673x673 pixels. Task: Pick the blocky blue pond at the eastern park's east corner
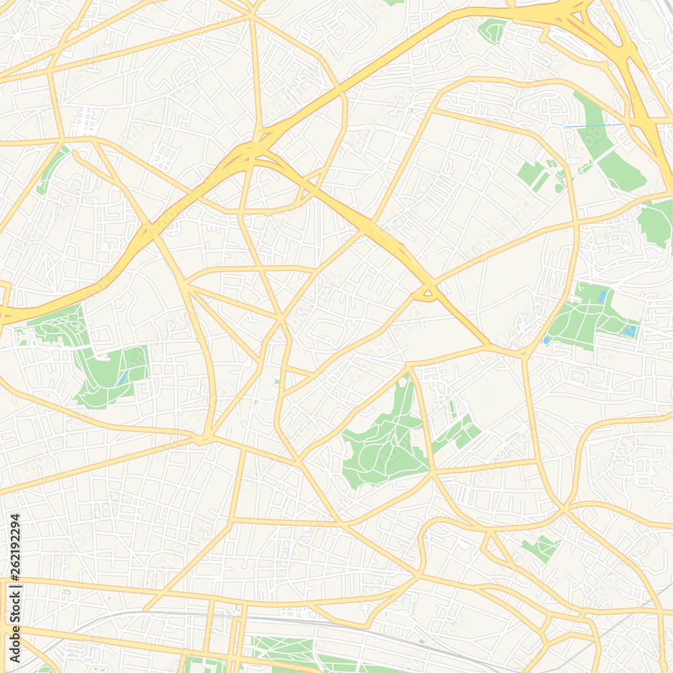tap(630, 330)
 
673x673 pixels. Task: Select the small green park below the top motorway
tap(493, 30)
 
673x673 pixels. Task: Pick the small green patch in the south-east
tap(542, 547)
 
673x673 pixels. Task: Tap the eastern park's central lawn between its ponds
tap(586, 313)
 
